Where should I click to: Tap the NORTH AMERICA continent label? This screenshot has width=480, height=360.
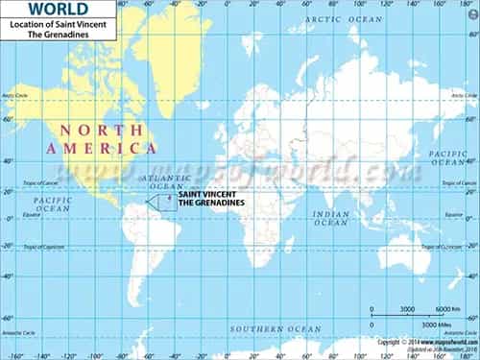tap(93, 138)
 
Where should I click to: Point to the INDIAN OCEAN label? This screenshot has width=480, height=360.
tap(332, 217)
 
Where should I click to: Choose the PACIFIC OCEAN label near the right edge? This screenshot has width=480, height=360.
tap(448, 158)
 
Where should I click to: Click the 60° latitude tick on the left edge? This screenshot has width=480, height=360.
tap(7, 121)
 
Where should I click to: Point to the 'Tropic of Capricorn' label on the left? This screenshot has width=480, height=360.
tap(21, 247)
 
